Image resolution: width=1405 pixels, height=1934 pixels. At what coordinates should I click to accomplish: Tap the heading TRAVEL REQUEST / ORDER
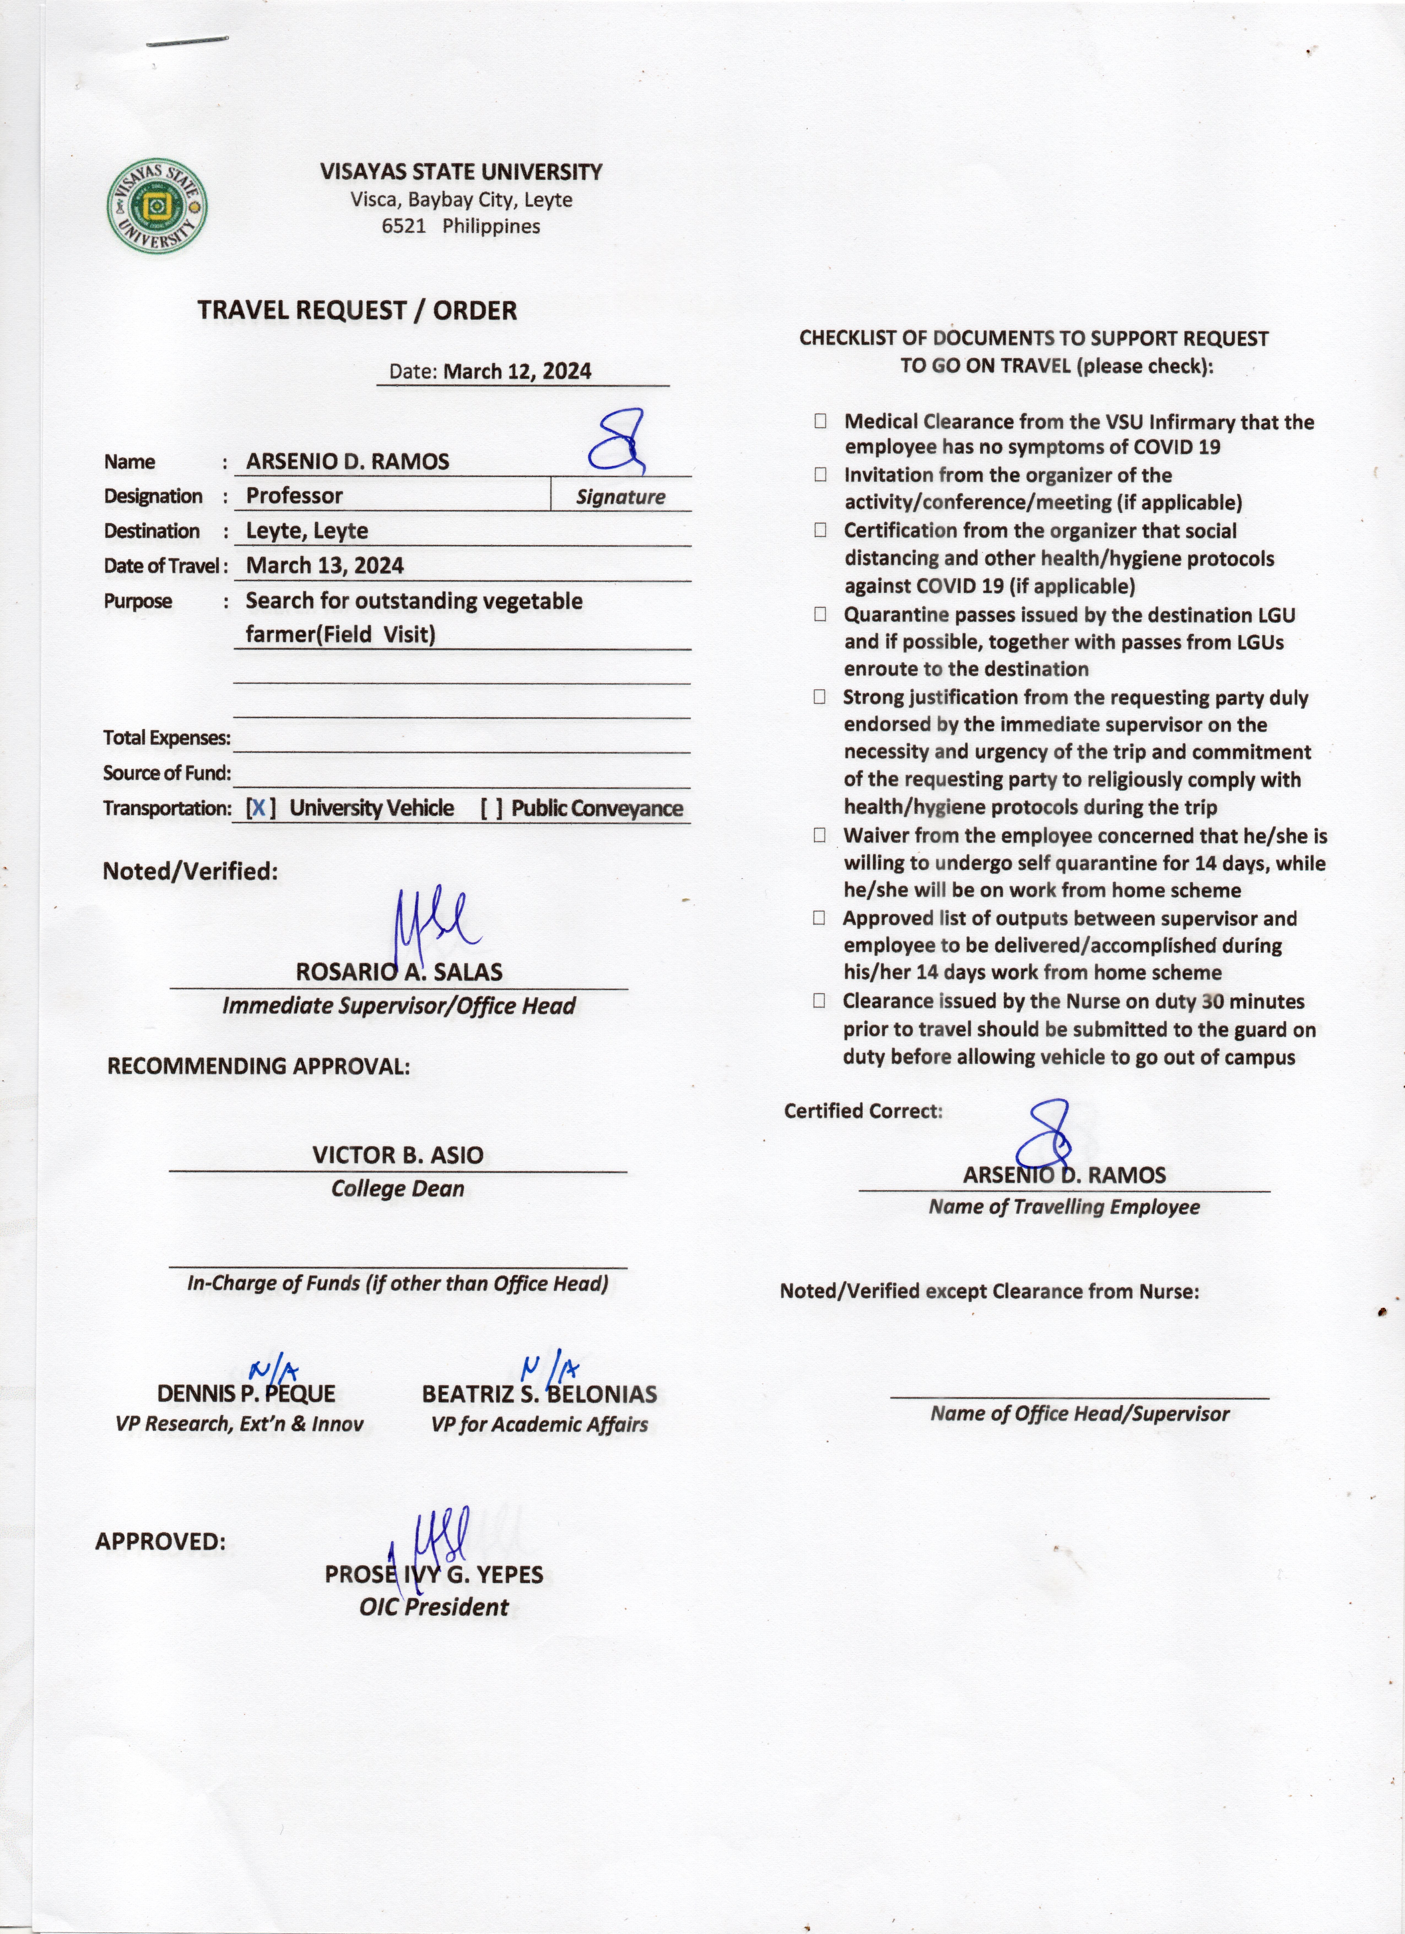357,311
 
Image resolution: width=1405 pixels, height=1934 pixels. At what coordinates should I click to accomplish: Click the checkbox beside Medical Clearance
820,420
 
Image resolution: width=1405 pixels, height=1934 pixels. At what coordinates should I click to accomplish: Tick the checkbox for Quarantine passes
820,614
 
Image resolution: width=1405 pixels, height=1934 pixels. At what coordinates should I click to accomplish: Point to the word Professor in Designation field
294,495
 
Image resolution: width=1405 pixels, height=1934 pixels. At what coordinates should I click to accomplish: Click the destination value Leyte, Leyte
307,530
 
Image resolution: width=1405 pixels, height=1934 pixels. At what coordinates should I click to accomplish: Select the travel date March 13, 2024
325,565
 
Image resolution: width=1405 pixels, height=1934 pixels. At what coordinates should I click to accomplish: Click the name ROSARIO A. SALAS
399,972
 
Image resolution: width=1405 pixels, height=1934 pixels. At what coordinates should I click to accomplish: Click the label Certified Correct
863,1111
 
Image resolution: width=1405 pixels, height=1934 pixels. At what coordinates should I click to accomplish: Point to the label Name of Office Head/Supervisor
1079,1414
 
